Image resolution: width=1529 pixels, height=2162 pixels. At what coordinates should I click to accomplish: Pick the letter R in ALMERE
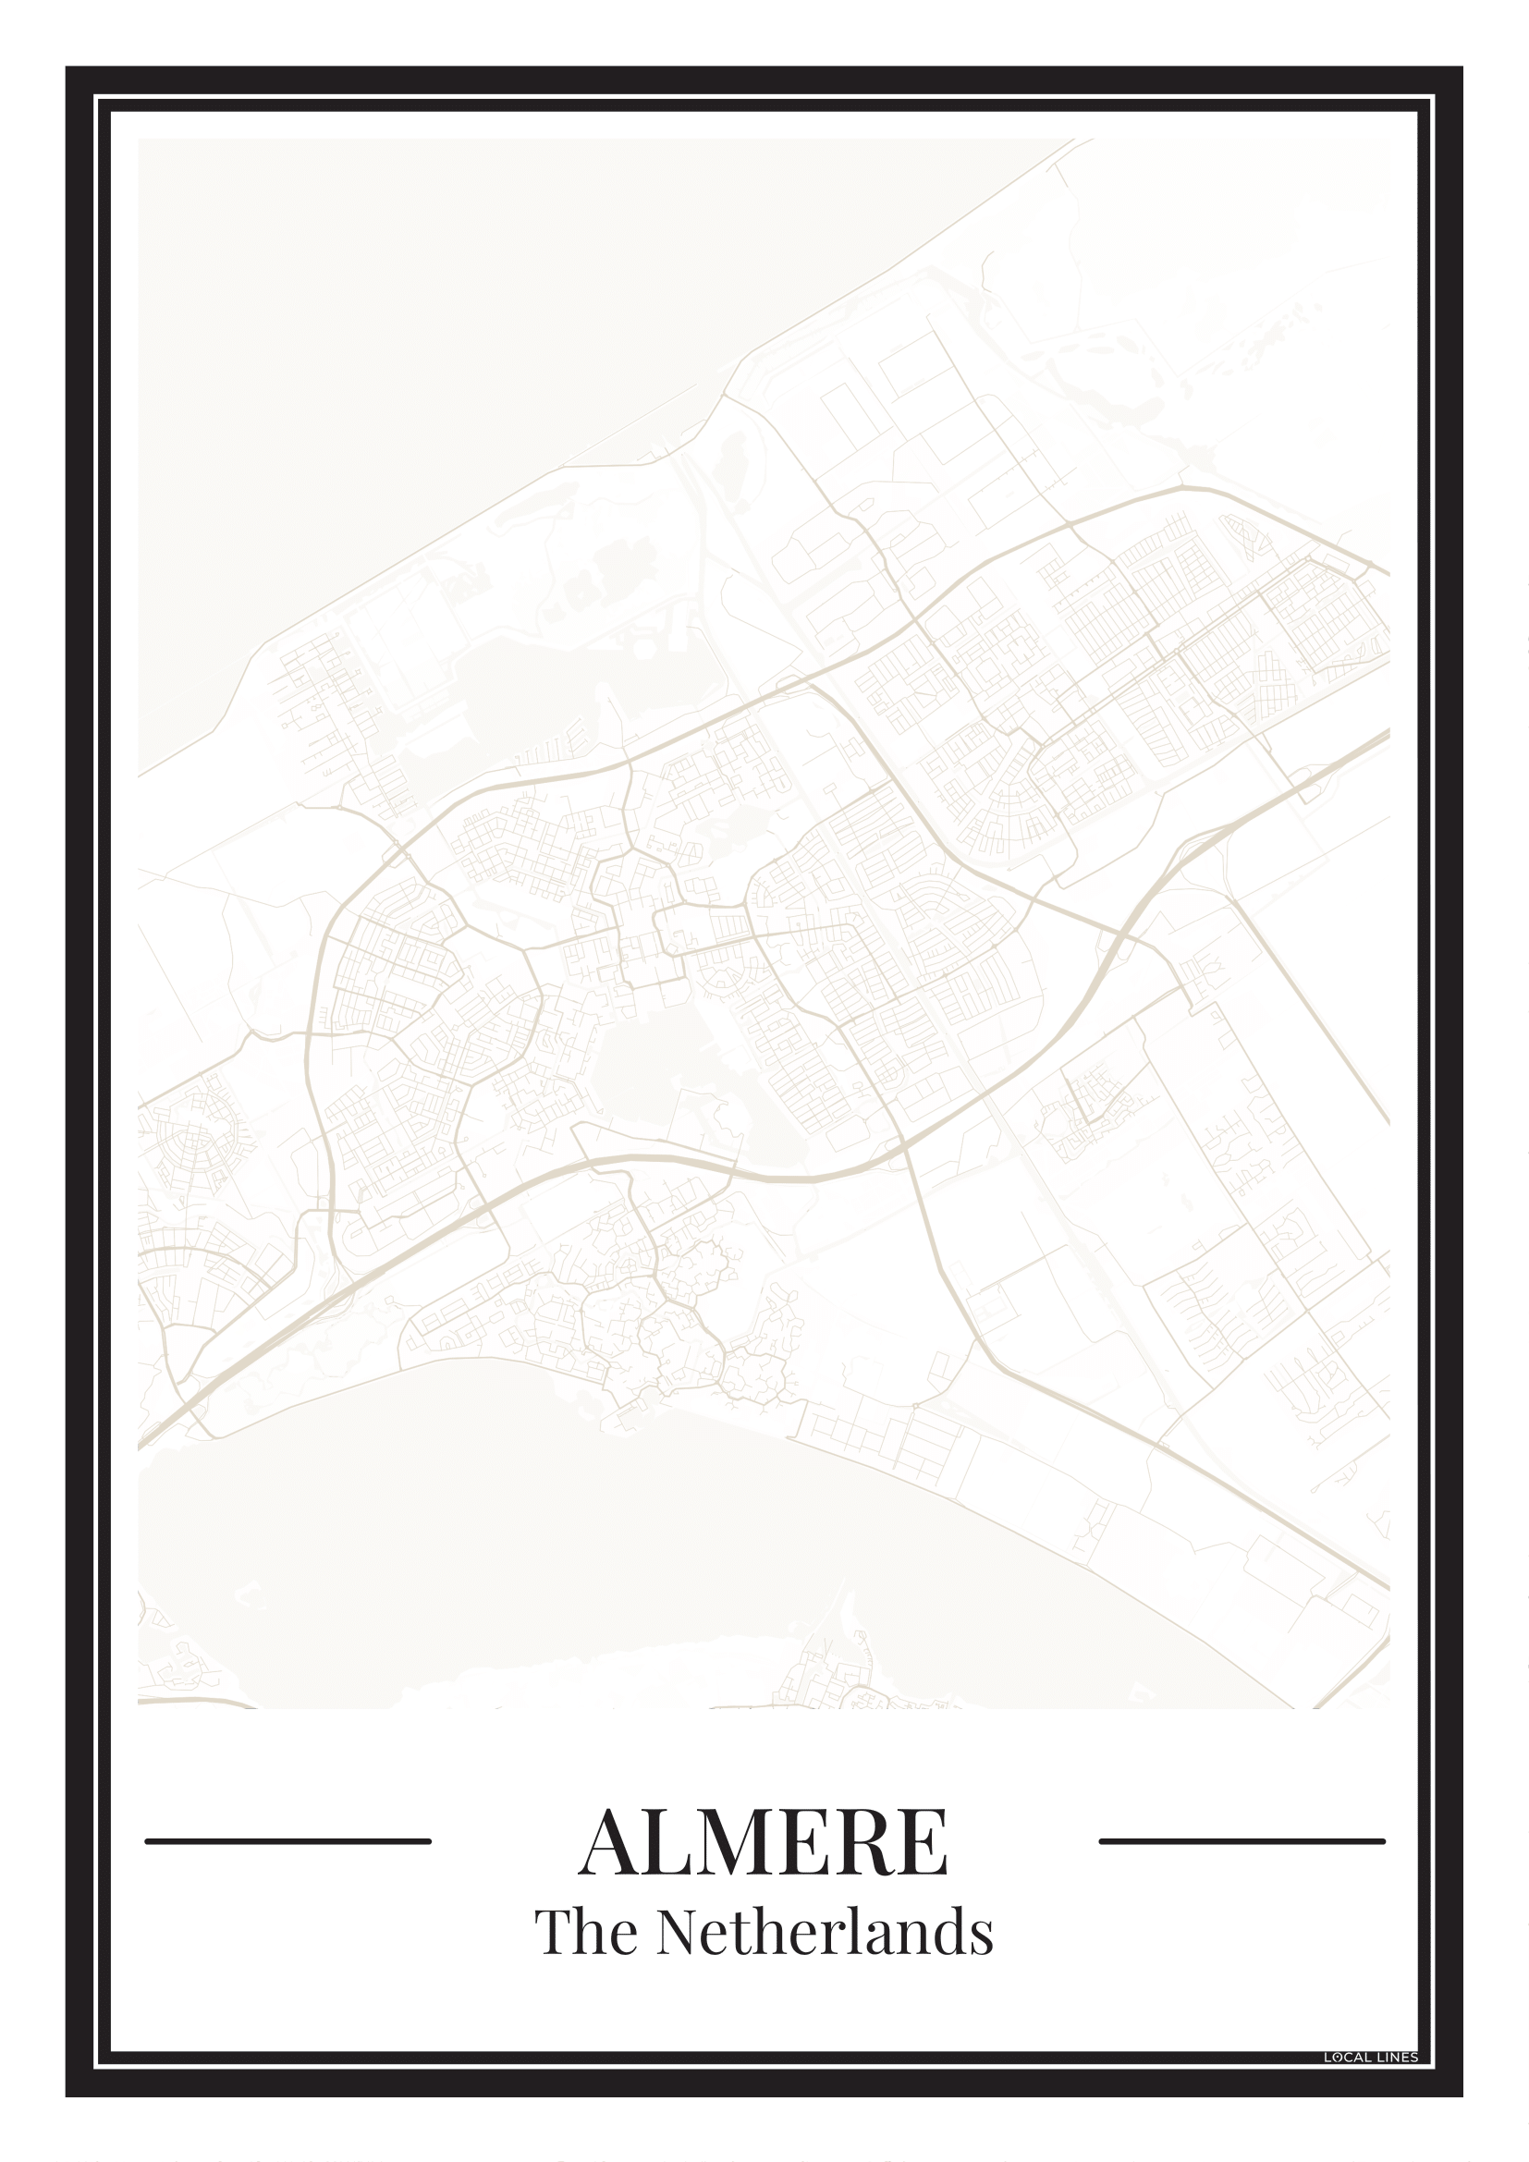click(x=881, y=1843)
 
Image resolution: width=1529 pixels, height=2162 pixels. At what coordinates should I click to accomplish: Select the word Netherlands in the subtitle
click(x=825, y=1932)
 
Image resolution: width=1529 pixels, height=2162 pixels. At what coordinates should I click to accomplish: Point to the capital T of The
click(x=551, y=1932)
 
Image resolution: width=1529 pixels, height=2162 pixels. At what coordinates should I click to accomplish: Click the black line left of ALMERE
click(x=288, y=1841)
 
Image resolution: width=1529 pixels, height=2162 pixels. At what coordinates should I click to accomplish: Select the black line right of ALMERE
click(x=1242, y=1841)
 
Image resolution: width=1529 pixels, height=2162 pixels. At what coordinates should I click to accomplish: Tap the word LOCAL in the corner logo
click(x=1345, y=2058)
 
